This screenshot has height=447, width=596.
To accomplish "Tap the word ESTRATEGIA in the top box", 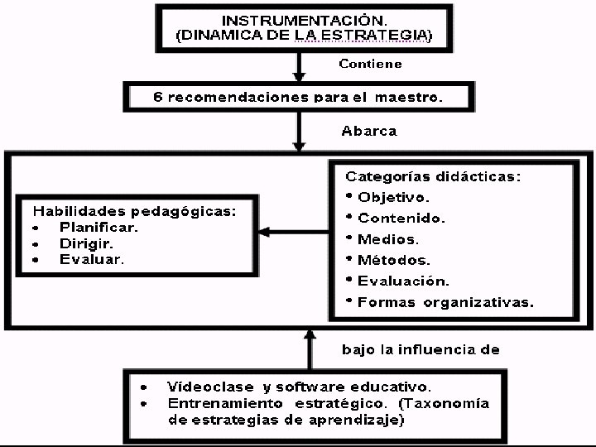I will click(x=377, y=36).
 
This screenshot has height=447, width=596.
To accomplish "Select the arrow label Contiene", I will click(x=371, y=64).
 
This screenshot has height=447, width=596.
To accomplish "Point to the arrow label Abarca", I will click(x=369, y=130).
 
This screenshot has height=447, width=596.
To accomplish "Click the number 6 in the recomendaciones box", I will click(x=158, y=97).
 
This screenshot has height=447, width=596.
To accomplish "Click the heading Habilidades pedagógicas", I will click(x=135, y=211).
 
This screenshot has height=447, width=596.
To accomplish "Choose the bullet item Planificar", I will click(x=99, y=227).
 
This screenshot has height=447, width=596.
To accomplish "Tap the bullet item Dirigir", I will click(x=86, y=243).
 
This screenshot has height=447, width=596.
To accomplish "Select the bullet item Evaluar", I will click(x=92, y=259).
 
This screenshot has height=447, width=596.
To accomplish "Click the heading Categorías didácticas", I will click(x=433, y=176).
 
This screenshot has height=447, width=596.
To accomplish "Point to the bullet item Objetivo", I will click(x=393, y=198).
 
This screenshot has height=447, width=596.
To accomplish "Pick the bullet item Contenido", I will click(x=401, y=219).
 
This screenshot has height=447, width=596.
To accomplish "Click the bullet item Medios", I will click(x=388, y=239).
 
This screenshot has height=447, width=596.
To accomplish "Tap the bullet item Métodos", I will click(x=394, y=261).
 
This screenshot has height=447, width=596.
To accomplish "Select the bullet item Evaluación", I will click(x=404, y=281).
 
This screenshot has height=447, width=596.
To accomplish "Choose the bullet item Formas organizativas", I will click(x=445, y=302).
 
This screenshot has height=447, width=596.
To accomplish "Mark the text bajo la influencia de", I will click(x=421, y=349).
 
